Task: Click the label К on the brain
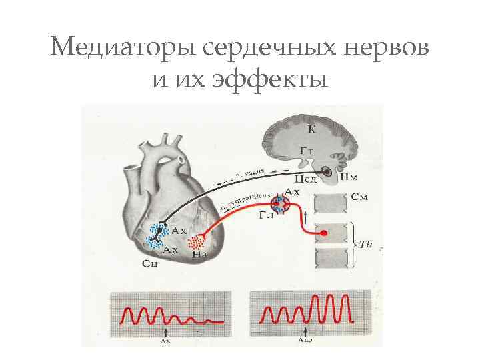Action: point(311,129)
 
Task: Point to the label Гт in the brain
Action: point(307,152)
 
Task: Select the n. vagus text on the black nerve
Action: point(249,175)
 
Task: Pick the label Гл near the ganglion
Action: point(265,216)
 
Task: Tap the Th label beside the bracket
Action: point(365,245)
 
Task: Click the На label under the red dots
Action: point(197,254)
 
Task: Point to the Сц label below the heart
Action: point(150,264)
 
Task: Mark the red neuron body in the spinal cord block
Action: point(323,233)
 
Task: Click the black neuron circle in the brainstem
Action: point(328,172)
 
